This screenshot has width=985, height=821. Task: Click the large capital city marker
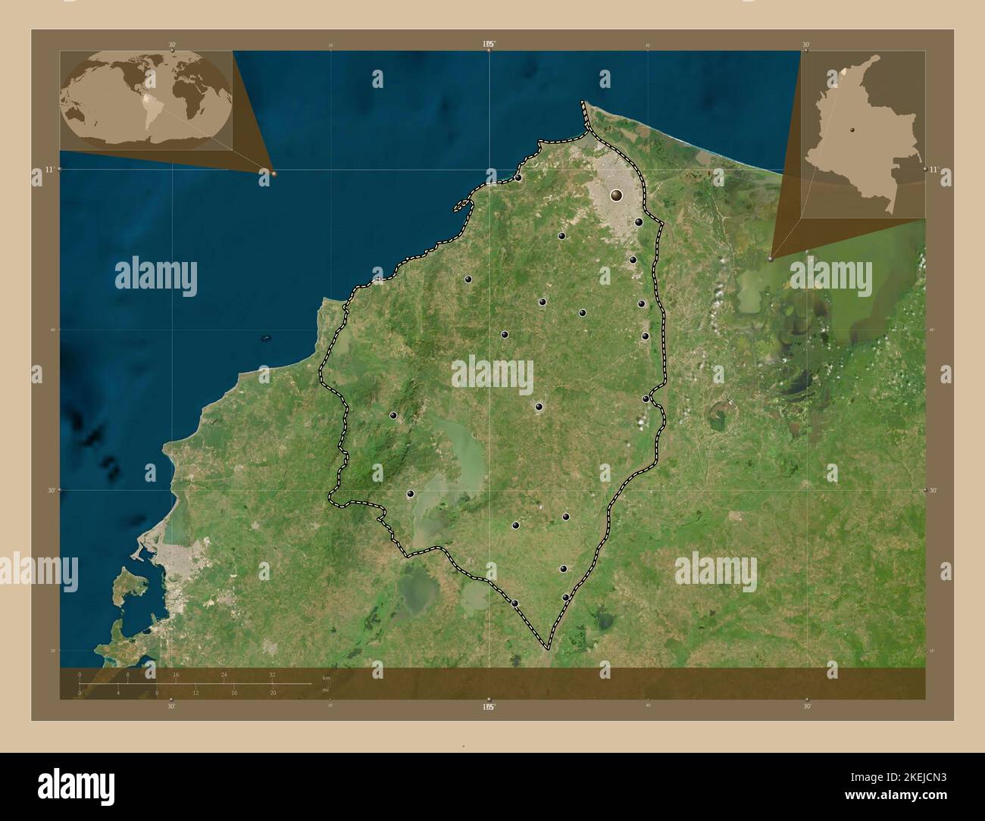click(x=616, y=195)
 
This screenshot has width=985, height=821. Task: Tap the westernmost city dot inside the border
click(x=393, y=415)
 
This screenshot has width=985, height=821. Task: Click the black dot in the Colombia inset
click(x=852, y=130)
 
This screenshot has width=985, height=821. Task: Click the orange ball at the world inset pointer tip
click(x=274, y=173)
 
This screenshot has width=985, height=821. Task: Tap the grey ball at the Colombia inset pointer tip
click(x=771, y=259)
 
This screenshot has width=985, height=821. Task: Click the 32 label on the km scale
click(x=271, y=674)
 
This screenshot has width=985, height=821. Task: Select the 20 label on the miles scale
click(x=273, y=692)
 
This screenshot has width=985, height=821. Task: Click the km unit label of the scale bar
click(x=327, y=677)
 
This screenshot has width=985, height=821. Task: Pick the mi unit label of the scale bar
click(x=325, y=690)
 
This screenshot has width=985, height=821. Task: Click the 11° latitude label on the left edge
click(x=48, y=169)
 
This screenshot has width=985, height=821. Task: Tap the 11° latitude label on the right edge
click(x=933, y=169)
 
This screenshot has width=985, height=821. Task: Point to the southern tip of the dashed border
click(x=547, y=649)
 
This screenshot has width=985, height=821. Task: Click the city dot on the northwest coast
click(x=518, y=178)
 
